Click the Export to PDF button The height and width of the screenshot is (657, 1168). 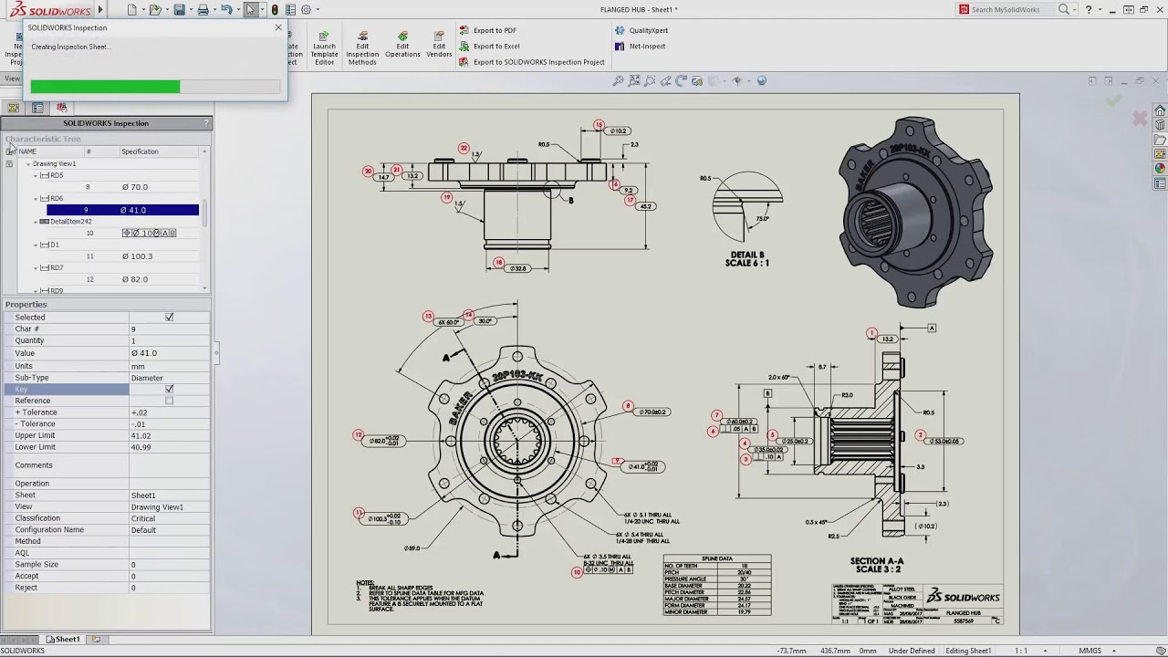494,30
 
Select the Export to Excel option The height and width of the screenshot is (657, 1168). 495,47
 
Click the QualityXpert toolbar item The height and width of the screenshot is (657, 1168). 648,30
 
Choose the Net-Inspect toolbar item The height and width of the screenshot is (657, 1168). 646,47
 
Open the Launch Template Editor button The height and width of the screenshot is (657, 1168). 324,49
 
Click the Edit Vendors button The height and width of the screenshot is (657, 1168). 439,49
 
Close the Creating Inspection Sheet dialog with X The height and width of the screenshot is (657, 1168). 278,27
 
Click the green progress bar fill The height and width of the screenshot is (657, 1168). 105,87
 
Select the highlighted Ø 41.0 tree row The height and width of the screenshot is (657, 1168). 122,210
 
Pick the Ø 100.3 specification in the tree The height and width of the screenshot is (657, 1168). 137,256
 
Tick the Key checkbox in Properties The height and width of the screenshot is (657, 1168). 169,390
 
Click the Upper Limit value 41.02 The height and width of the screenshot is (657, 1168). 141,436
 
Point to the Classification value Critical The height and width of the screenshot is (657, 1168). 143,518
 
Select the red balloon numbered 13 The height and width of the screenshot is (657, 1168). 428,317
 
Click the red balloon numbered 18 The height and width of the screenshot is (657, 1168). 498,263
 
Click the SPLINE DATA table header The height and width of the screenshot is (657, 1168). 716,558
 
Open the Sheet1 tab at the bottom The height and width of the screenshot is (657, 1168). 63,640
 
